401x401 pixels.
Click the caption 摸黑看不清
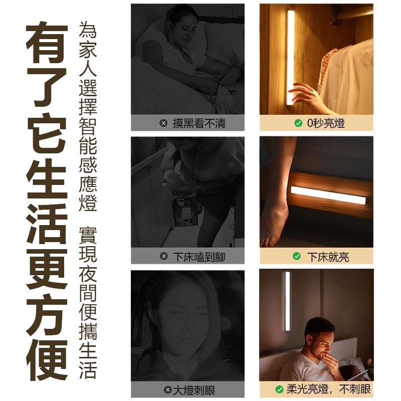(199, 123)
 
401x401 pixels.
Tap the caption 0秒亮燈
(326, 123)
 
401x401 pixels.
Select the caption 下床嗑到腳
(199, 257)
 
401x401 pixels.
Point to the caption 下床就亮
(328, 257)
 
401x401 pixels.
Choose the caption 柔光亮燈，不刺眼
(328, 389)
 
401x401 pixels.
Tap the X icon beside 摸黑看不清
(164, 123)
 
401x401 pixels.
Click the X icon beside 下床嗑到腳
(164, 256)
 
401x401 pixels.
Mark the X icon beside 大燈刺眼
(168, 390)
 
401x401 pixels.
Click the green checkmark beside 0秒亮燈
(298, 123)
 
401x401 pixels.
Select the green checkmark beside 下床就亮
(297, 256)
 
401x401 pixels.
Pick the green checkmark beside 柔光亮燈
(279, 389)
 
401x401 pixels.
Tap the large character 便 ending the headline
(47, 360)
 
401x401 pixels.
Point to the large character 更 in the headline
(47, 269)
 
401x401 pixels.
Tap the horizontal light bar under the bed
(328, 195)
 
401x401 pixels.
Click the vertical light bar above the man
(287, 302)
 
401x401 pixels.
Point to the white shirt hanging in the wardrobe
(346, 79)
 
